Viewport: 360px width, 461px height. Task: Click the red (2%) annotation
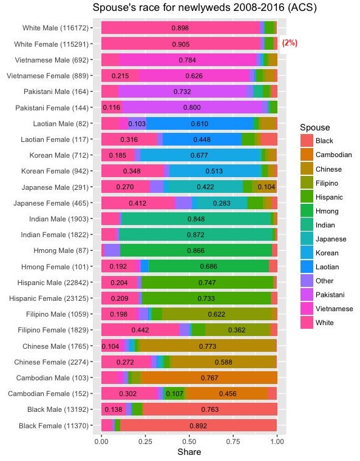[290, 43]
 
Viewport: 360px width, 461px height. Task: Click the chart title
[205, 7]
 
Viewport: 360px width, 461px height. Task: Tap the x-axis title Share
[189, 452]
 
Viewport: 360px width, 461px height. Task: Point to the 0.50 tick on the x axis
[189, 442]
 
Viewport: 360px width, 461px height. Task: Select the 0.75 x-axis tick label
[233, 442]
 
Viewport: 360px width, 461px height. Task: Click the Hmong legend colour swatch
[307, 211]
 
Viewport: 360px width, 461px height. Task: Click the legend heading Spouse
[314, 127]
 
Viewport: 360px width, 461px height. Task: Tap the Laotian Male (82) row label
[61, 124]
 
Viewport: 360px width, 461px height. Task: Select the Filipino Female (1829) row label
[53, 330]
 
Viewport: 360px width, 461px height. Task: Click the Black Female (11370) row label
[53, 426]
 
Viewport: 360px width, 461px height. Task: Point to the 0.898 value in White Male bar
[180, 28]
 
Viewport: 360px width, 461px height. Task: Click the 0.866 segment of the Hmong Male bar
[196, 251]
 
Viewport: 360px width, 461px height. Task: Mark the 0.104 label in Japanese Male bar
[266, 187]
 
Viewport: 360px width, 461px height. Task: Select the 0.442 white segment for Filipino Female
[140, 330]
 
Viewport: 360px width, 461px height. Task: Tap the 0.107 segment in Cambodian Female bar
[175, 394]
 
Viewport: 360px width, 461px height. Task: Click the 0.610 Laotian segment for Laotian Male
[200, 124]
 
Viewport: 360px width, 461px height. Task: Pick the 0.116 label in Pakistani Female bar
[112, 107]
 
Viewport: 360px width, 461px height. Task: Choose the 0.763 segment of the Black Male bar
[210, 409]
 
